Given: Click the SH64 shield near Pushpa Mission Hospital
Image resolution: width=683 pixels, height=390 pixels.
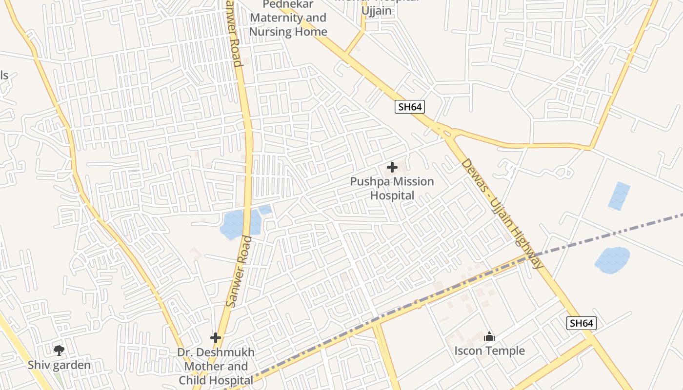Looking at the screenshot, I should point(409,107).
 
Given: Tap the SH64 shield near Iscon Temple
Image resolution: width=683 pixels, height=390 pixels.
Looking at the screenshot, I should point(582,323).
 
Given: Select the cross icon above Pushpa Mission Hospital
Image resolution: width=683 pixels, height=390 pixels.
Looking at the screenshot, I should point(392,168).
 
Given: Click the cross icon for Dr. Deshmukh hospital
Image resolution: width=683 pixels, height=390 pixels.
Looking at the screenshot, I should point(216,338).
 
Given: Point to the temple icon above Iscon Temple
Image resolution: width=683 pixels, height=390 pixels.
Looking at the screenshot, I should point(489,336).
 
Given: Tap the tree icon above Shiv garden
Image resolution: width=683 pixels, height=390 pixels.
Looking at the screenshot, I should point(59,350).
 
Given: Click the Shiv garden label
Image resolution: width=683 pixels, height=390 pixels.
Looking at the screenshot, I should point(59,365).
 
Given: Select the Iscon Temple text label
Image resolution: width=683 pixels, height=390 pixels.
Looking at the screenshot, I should point(489,351).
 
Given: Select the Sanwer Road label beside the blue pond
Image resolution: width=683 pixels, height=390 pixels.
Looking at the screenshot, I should point(239,272).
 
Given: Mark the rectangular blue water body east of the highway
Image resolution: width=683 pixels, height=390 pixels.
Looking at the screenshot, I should point(620,195).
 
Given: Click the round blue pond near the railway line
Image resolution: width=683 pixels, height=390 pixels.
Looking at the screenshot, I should point(613,259).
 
